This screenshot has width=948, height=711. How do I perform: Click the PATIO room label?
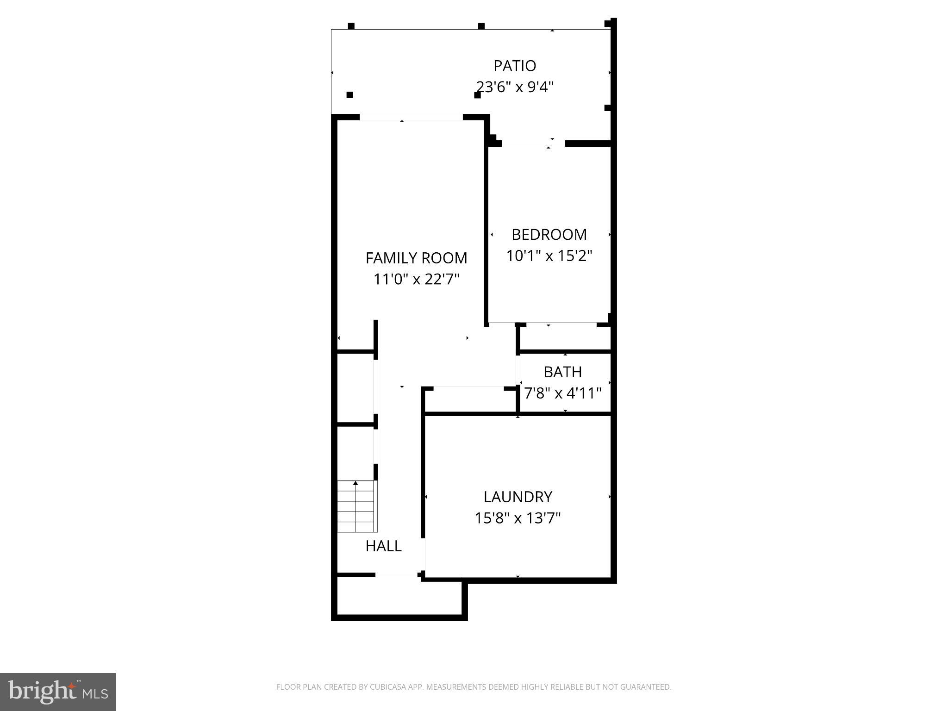[515, 66]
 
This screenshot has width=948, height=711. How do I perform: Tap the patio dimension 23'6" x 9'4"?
[515, 87]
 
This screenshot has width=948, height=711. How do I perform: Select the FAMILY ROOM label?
[416, 258]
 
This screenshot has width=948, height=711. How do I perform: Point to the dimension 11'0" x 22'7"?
[416, 279]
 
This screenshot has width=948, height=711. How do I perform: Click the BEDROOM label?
[549, 235]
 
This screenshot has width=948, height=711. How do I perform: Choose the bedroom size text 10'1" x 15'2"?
[549, 256]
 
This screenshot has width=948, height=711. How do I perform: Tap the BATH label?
[562, 372]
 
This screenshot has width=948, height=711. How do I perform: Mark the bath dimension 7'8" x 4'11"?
[562, 393]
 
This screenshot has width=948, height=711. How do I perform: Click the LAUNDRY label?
[518, 497]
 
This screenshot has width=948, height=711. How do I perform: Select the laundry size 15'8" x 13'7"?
[518, 518]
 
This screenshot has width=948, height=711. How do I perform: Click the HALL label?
[383, 546]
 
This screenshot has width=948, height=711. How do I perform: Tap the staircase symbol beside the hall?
[356, 506]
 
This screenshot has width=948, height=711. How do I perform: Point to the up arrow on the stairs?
[355, 484]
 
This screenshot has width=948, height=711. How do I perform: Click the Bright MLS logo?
[58, 692]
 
